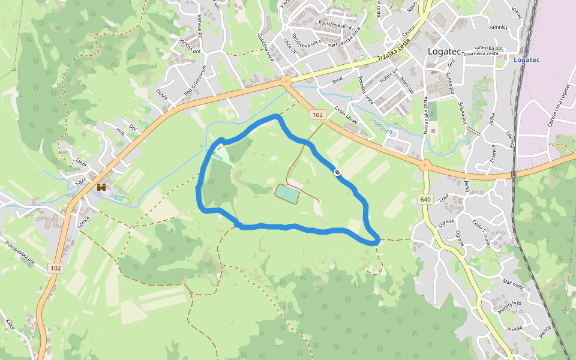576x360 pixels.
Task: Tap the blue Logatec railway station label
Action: pos(527,59)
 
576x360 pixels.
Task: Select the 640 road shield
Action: pos(425,199)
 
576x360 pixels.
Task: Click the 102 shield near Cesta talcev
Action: pos(317,115)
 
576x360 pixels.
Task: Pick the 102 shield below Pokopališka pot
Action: pos(56,268)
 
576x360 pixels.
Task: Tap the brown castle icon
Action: pos(101,187)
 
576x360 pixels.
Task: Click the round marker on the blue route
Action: pos(338,172)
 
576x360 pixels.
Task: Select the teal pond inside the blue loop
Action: pos(287,194)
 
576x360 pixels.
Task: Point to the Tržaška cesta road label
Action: pos(394,52)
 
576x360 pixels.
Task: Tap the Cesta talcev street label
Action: pos(346,116)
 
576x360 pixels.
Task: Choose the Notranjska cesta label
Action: pos(425,116)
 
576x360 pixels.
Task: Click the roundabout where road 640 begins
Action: pos(425,166)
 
